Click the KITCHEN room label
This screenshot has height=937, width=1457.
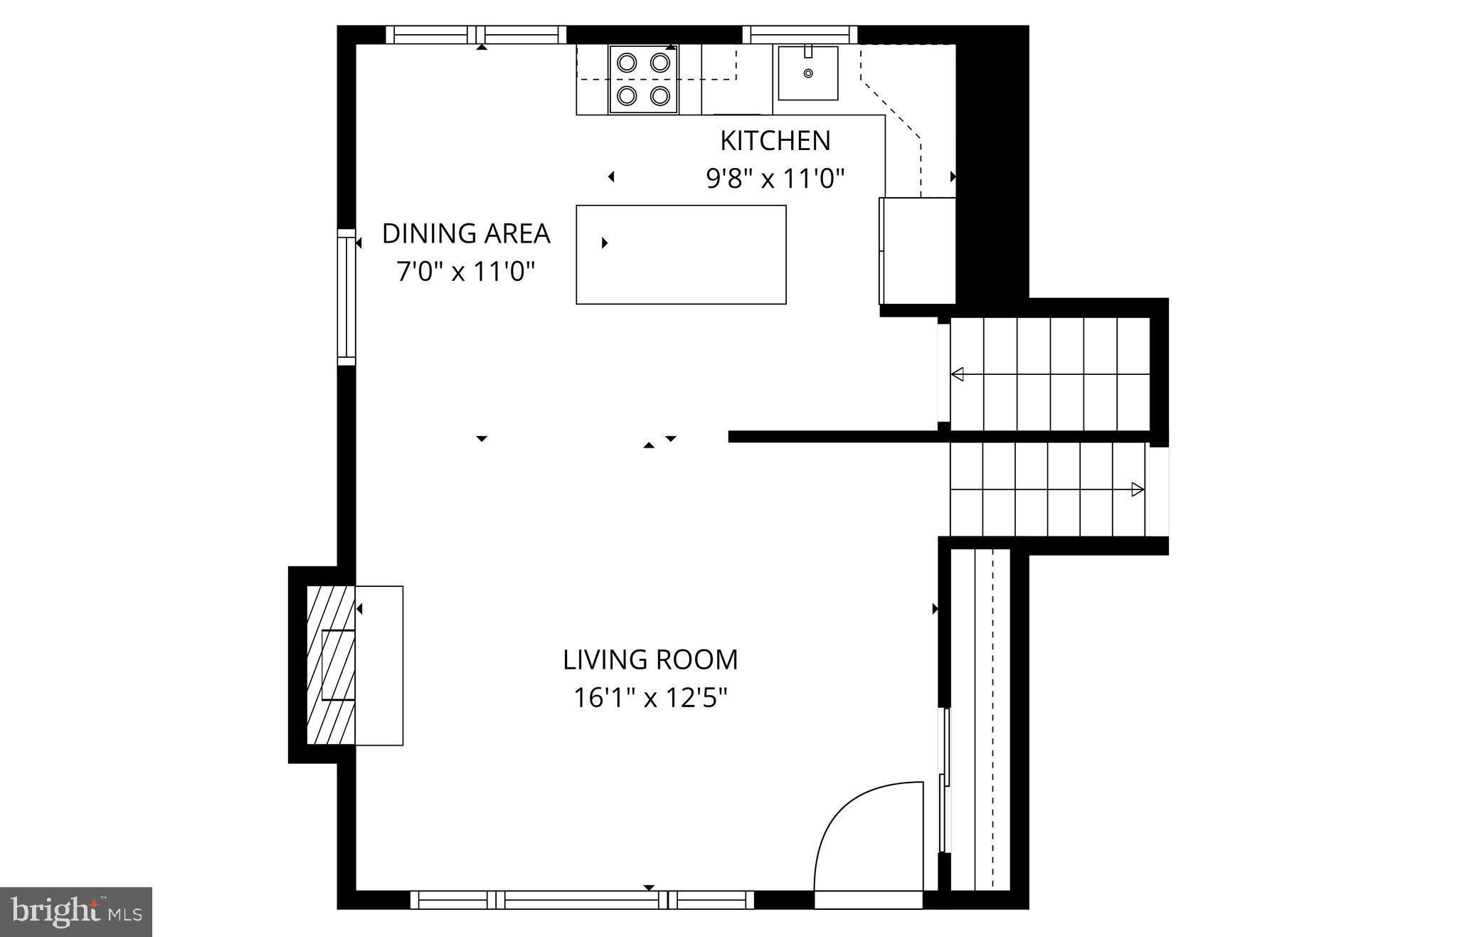775,141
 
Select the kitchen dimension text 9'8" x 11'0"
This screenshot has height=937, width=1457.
775,178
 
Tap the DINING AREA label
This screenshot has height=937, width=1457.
466,233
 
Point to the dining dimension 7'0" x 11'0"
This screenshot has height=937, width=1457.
466,271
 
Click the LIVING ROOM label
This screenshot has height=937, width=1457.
650,660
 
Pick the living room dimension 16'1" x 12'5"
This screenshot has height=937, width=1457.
650,698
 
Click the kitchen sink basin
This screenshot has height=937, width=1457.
807,73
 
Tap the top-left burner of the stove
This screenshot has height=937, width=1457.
627,63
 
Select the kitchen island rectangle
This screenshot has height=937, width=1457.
681,255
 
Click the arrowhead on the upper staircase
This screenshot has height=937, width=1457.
958,374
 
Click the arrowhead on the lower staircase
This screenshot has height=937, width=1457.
1137,489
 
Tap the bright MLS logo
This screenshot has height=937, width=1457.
76,911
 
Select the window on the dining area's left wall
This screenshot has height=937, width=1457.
346,297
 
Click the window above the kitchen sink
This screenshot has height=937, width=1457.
800,34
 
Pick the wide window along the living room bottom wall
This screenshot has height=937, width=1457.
582,900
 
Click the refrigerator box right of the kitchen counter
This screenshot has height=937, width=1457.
918,250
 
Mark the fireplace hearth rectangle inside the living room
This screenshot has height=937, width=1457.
379,665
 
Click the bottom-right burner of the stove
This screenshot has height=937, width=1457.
660,95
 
